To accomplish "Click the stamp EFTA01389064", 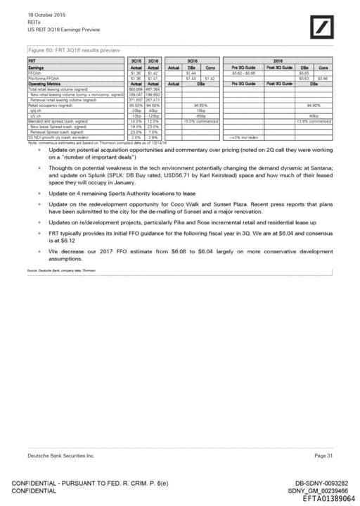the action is (328, 498).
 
